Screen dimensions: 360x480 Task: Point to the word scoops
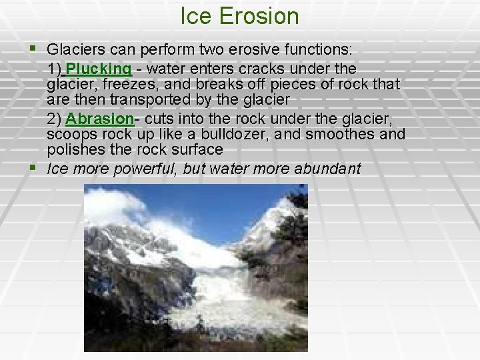coord(69,135)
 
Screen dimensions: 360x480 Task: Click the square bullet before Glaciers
coord(35,49)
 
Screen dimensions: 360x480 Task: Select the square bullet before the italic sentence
coord(35,168)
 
